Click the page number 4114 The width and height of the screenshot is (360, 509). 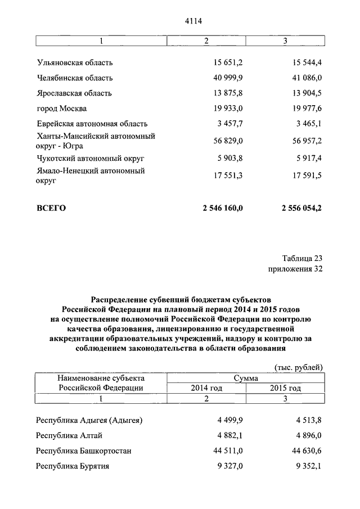point(193,21)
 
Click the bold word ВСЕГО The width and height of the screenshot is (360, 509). point(51,208)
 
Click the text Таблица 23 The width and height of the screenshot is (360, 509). point(302,258)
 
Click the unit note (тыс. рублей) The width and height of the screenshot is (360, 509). point(298,367)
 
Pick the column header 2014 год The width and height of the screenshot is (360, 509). point(206,388)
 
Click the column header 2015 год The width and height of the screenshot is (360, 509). point(285,388)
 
